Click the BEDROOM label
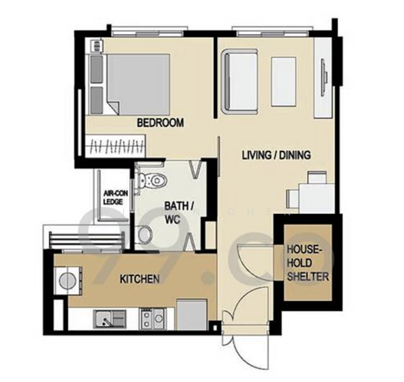160,123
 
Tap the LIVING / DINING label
276,155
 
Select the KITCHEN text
139,278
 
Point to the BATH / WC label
179,211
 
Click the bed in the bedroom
137,83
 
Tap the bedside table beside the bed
97,45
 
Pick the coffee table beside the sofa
284,81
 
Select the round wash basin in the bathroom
145,236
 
